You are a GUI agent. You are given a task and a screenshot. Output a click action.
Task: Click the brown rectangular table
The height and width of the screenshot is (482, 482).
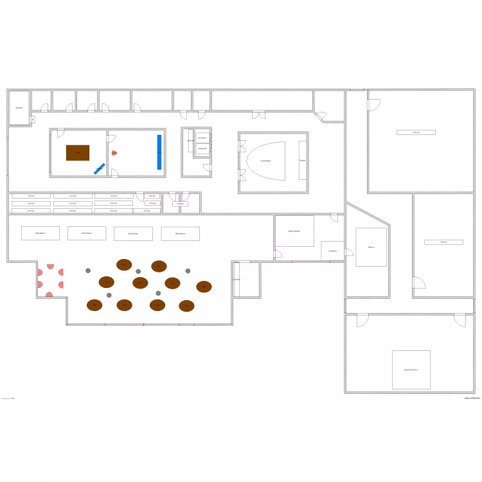78,153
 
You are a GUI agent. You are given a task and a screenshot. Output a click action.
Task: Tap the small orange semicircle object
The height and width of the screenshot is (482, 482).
114,153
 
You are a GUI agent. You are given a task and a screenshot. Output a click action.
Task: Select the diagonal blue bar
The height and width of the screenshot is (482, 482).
99,168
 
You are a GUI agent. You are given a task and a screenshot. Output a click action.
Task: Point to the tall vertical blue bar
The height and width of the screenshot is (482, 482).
159,152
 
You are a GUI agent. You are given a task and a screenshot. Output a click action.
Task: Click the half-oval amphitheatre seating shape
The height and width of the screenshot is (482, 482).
264,161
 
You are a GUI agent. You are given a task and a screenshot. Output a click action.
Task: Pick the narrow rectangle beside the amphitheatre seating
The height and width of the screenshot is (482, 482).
302,160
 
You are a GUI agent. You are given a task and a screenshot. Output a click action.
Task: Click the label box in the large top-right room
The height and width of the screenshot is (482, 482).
416,132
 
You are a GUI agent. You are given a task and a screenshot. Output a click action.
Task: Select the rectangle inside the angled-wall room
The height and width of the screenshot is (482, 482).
371,247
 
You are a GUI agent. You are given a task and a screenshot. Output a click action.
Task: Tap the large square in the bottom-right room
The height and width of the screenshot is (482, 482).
411,370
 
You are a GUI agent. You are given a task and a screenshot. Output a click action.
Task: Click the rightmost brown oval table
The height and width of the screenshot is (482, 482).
204,287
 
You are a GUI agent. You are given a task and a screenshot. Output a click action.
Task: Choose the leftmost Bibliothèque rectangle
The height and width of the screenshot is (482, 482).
40,233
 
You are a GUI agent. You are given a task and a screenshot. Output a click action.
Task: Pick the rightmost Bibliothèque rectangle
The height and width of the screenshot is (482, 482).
181,233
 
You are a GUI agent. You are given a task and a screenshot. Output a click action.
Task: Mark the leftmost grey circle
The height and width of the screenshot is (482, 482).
88,271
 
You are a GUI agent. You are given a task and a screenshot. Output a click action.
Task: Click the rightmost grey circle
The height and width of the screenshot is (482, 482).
188,271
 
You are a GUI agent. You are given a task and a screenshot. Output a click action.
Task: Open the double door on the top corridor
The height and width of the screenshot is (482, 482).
258,114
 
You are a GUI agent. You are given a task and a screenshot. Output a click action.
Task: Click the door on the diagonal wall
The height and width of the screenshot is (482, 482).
319,116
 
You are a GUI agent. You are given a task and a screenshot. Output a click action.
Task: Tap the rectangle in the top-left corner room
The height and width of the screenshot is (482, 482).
19,107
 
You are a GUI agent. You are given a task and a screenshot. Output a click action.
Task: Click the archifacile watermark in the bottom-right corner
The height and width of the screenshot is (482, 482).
472,398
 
